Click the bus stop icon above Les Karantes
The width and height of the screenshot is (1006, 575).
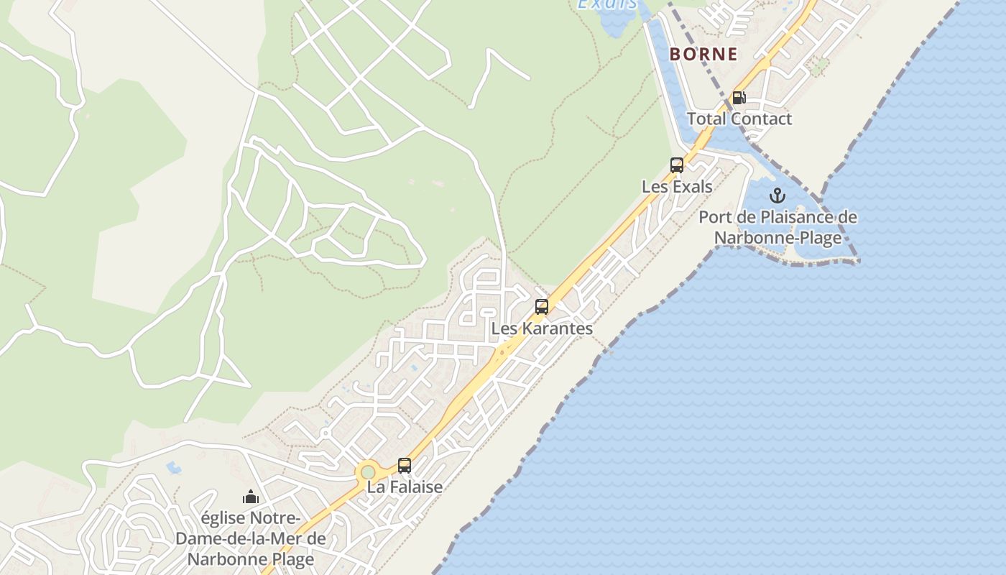[x=542, y=307]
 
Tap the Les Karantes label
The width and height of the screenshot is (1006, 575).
[x=542, y=328]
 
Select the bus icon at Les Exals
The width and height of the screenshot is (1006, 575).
[x=677, y=165]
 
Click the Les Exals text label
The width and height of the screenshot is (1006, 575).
[x=677, y=187]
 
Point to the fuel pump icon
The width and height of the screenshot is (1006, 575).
[x=738, y=98]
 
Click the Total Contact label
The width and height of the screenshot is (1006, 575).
[x=739, y=119]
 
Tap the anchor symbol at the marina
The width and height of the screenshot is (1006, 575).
[x=777, y=195]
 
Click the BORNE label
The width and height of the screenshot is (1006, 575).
[x=703, y=54]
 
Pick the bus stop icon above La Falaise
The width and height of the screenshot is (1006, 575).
[x=405, y=465]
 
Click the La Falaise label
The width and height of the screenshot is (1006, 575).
[x=405, y=487]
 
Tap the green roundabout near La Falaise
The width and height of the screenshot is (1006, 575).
[x=368, y=472]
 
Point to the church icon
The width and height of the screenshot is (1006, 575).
[x=250, y=497]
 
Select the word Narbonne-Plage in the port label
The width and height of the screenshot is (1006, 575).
[x=778, y=238]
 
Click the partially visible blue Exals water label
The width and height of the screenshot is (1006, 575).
[x=607, y=4]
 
